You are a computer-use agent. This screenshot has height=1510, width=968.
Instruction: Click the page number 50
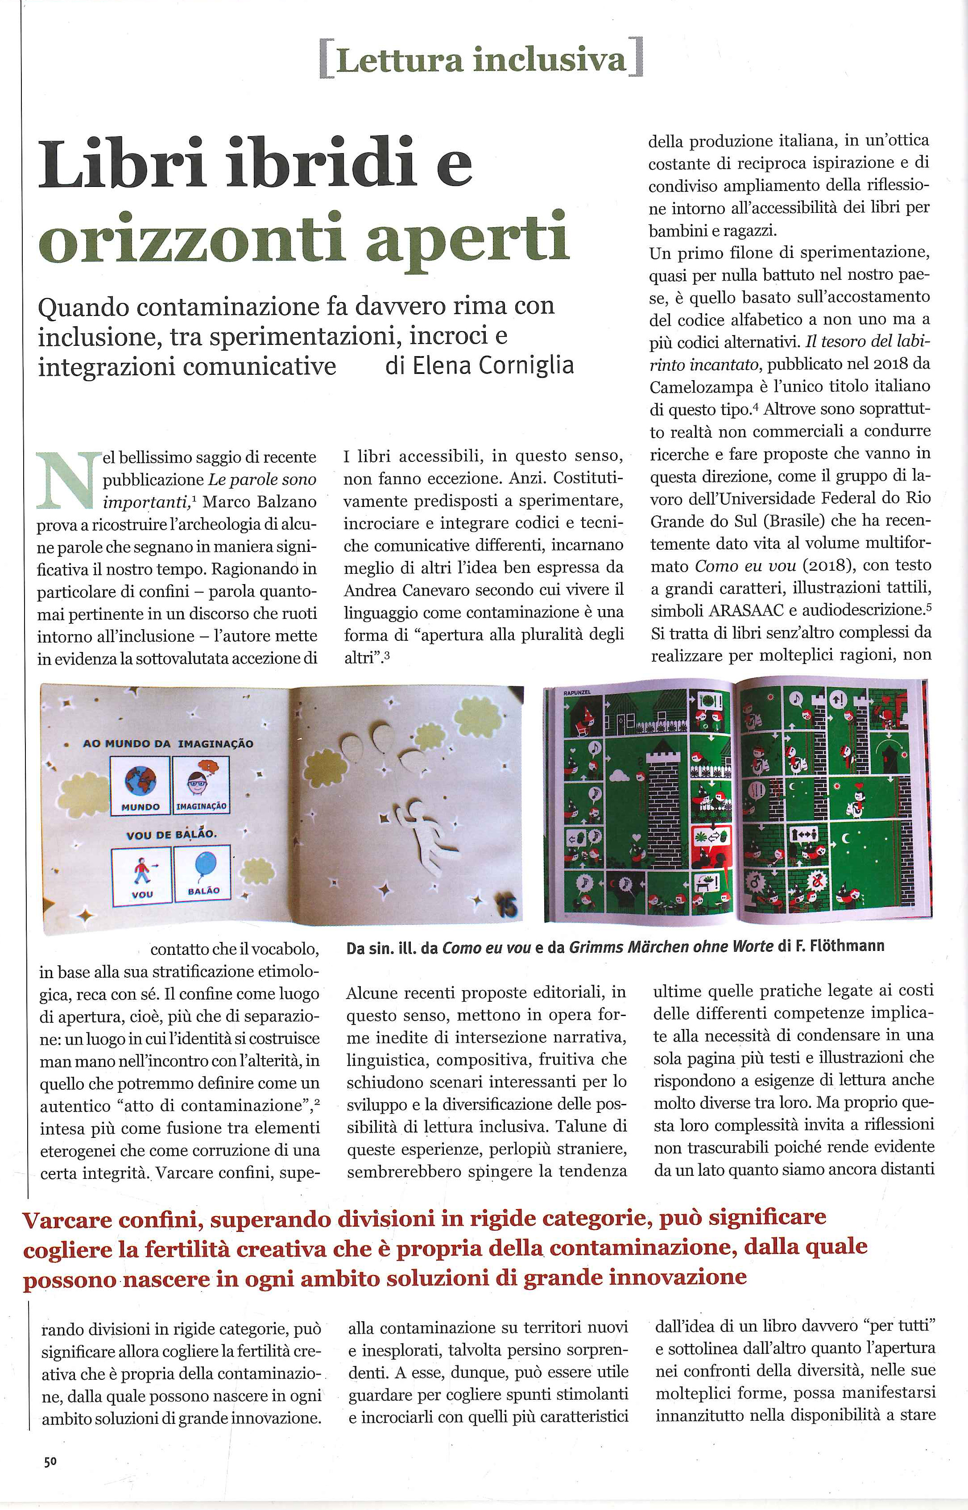pyautogui.click(x=50, y=1462)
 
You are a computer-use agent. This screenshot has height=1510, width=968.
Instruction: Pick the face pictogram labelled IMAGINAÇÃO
pyautogui.click(x=201, y=781)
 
